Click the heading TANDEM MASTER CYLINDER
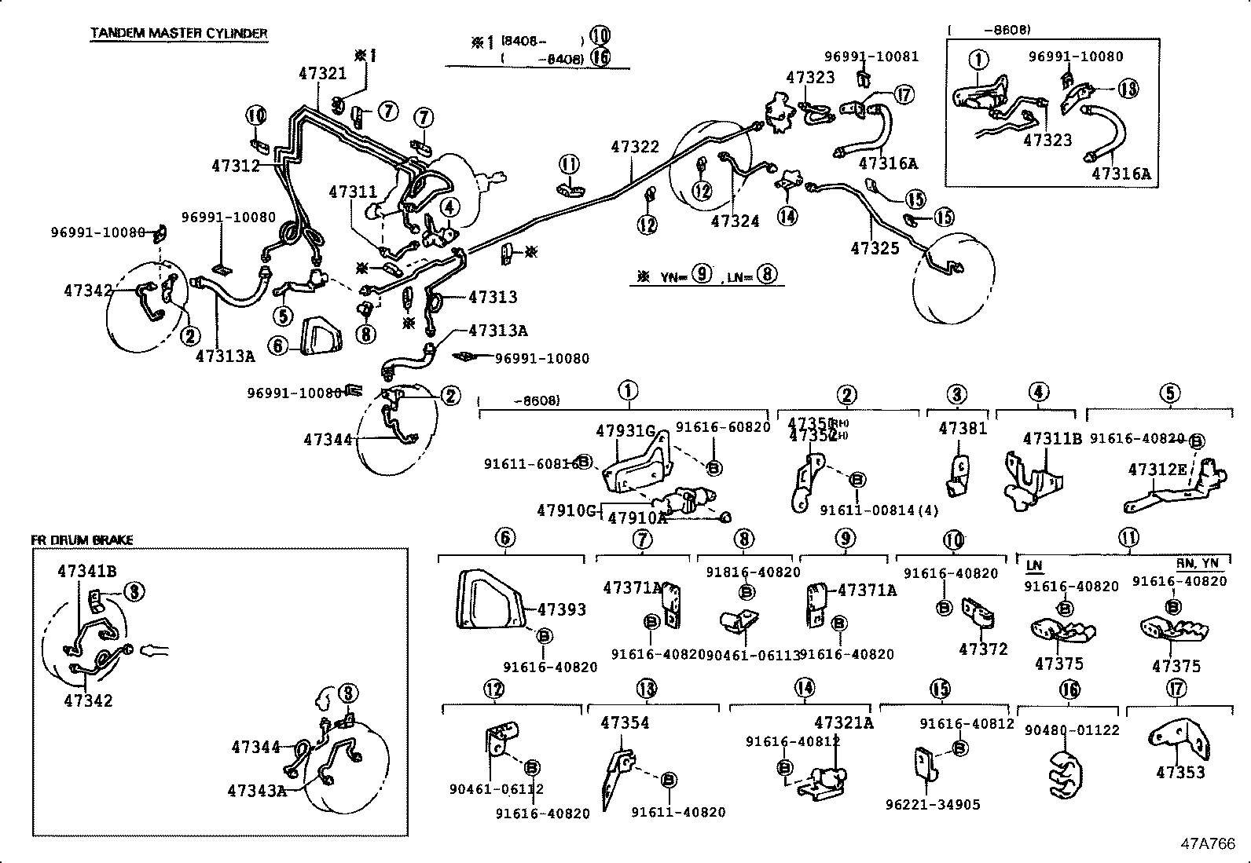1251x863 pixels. pyautogui.click(x=178, y=33)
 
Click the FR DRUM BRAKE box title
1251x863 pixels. pyautogui.click(x=82, y=540)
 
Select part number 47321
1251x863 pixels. pyautogui.click(x=322, y=73)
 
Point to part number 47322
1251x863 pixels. pyautogui.click(x=635, y=147)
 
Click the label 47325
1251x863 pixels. pyautogui.click(x=875, y=248)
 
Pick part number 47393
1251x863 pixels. pyautogui.click(x=562, y=609)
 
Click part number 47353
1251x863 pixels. pyautogui.click(x=1180, y=773)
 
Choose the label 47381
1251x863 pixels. pyautogui.click(x=963, y=428)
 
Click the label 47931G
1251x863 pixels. pyautogui.click(x=625, y=430)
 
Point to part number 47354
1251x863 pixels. pyautogui.click(x=625, y=722)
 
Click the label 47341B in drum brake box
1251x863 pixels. pyautogui.click(x=86, y=572)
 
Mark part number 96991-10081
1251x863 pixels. pyautogui.click(x=871, y=57)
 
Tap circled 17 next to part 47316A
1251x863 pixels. pyautogui.click(x=904, y=95)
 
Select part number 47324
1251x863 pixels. pyautogui.click(x=735, y=221)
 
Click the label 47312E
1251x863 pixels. pyautogui.click(x=1157, y=470)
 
